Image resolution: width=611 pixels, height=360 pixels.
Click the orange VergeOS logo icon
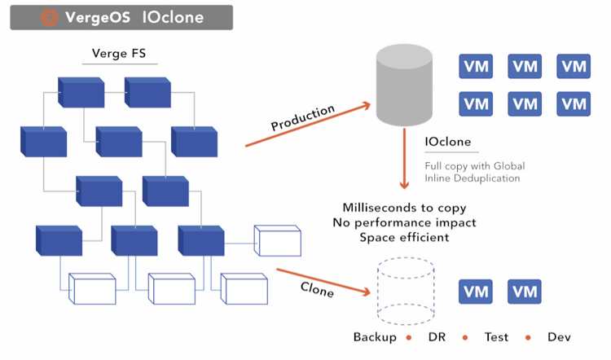[49, 17]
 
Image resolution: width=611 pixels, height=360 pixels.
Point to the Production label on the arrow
[302, 118]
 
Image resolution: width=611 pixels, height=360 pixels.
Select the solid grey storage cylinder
[405, 84]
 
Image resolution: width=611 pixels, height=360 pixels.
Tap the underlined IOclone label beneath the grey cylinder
[448, 143]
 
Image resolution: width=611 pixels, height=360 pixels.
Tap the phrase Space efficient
[405, 237]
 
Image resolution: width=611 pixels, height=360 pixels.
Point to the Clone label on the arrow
[318, 288]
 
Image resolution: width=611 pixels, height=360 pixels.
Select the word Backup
[375, 337]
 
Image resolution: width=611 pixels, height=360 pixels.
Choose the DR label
[437, 337]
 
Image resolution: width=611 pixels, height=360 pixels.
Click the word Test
[496, 337]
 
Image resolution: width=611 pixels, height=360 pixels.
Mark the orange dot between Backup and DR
[411, 337]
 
